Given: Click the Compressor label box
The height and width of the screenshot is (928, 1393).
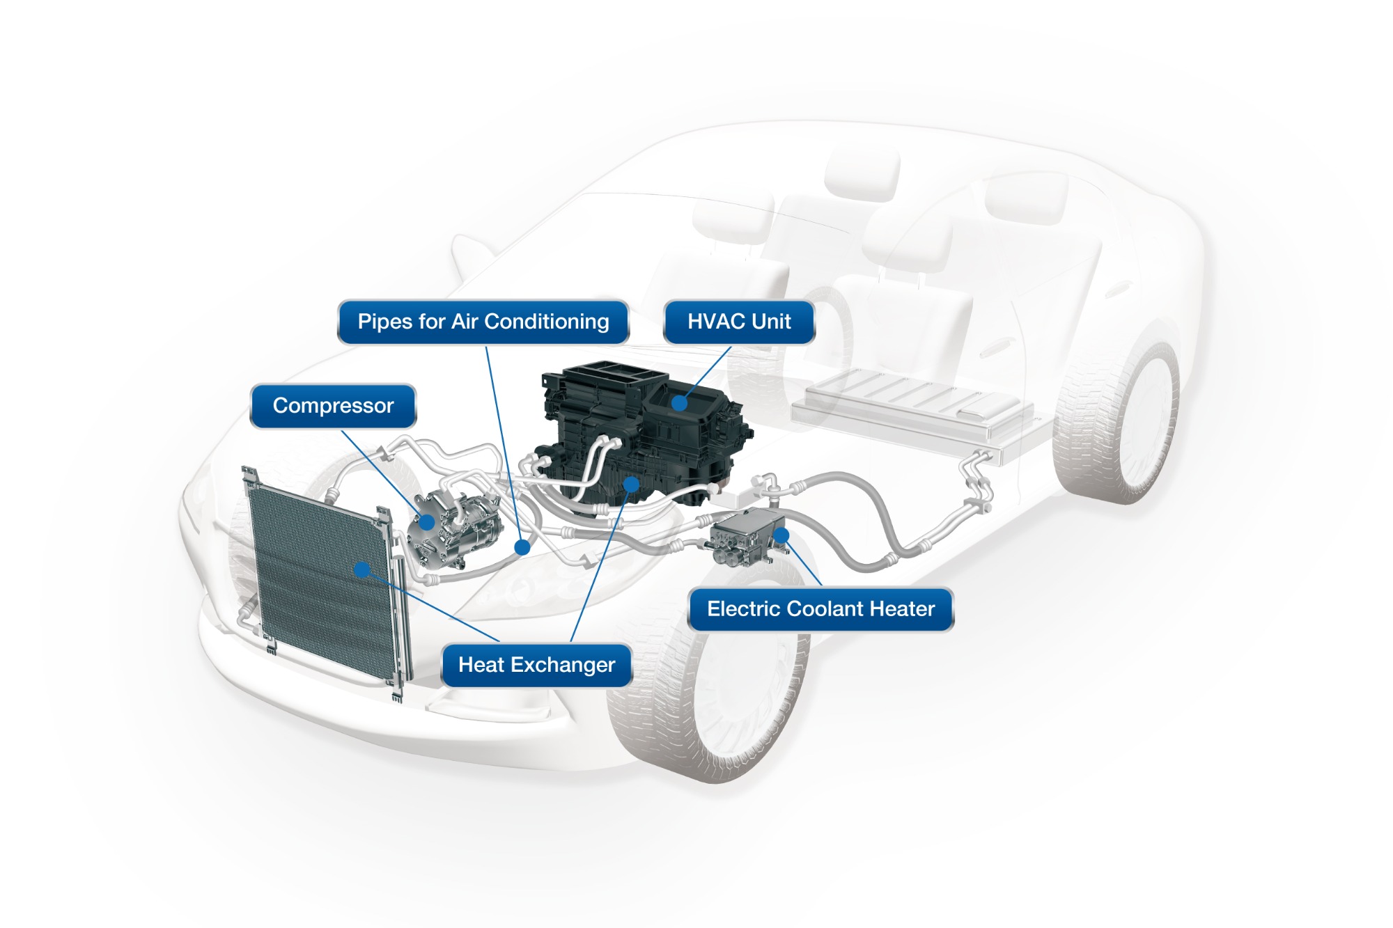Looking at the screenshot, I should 333,406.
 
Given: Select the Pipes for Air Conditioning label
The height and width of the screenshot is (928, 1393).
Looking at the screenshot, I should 483,322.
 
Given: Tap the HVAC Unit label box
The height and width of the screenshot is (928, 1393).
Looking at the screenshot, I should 739,322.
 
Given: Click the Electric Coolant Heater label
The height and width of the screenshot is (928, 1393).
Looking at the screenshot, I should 820,609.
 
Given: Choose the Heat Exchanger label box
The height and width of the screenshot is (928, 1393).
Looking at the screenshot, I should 536,665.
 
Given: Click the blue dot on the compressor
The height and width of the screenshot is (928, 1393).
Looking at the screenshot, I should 427,521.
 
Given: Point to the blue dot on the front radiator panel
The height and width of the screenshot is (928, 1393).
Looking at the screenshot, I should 361,569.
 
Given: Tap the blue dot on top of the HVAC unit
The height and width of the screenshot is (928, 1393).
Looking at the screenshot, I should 679,403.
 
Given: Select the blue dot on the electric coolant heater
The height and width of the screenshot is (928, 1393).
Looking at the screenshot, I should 781,535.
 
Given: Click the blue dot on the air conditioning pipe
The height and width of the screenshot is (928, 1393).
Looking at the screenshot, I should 522,547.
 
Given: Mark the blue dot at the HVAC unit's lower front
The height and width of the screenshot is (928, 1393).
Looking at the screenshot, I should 631,483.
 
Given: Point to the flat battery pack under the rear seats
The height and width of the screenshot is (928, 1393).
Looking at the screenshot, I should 912,411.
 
